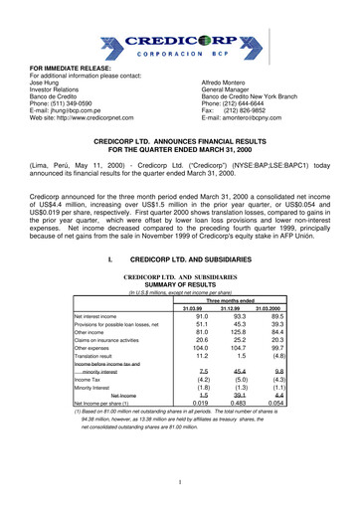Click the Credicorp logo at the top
point(179,43)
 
